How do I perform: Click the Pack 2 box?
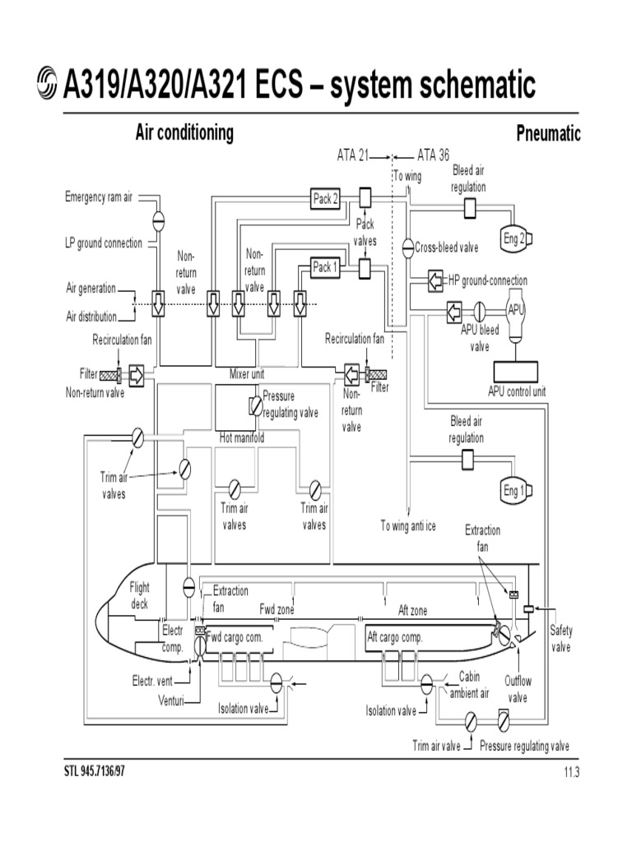(324, 199)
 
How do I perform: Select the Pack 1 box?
(324, 267)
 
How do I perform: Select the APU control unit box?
(516, 371)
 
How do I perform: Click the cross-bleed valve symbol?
(407, 247)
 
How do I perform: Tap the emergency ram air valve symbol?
(158, 220)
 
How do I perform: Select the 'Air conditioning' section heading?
(184, 133)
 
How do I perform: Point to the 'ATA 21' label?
(352, 155)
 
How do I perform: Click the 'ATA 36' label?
(434, 155)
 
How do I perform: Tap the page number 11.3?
(572, 771)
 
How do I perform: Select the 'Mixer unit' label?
(246, 374)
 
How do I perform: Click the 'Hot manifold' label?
(242, 438)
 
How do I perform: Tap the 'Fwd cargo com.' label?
(234, 637)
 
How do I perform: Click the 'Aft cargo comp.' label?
(394, 637)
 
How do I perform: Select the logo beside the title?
(48, 86)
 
